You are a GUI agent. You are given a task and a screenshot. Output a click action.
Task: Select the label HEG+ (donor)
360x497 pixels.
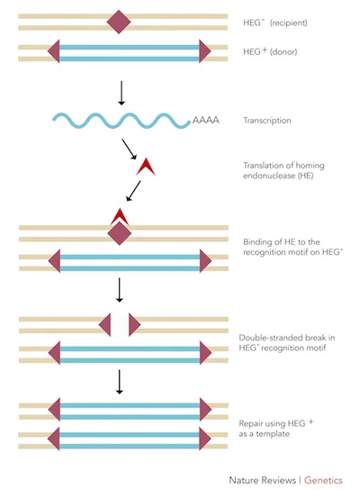click(271, 52)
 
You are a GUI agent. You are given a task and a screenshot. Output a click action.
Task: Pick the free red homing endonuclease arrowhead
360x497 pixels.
click(145, 167)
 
